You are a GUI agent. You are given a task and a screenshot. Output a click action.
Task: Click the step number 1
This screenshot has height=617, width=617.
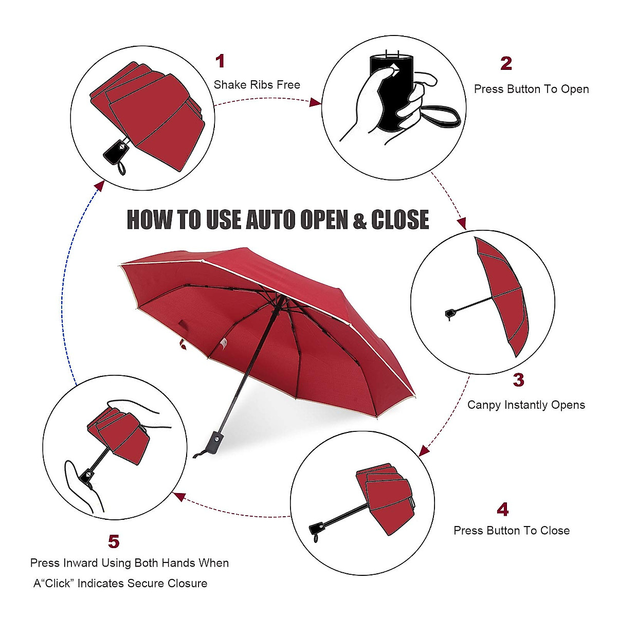tap(220, 61)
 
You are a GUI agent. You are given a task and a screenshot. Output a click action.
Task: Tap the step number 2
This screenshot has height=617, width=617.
tap(506, 64)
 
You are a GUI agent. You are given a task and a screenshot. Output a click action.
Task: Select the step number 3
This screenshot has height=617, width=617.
tap(518, 380)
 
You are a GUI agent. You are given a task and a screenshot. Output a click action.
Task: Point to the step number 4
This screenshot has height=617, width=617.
tap(502, 510)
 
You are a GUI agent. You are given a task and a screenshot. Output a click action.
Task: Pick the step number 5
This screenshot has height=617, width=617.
tap(114, 541)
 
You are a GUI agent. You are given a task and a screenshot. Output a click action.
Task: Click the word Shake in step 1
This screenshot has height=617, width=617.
tap(229, 85)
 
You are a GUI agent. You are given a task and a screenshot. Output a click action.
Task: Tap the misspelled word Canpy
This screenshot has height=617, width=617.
tap(484, 405)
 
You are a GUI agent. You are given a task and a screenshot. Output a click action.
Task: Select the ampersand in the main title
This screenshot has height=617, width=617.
tap(359, 221)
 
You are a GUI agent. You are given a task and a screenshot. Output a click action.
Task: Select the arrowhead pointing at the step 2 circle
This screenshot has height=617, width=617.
tap(315, 103)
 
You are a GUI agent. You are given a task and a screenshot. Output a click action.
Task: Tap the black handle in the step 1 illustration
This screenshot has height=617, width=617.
tap(116, 151)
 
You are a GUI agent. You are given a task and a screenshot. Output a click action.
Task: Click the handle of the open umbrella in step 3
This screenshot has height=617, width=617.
tap(450, 314)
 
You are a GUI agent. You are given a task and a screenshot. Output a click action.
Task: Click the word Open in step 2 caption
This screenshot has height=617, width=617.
tap(575, 89)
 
